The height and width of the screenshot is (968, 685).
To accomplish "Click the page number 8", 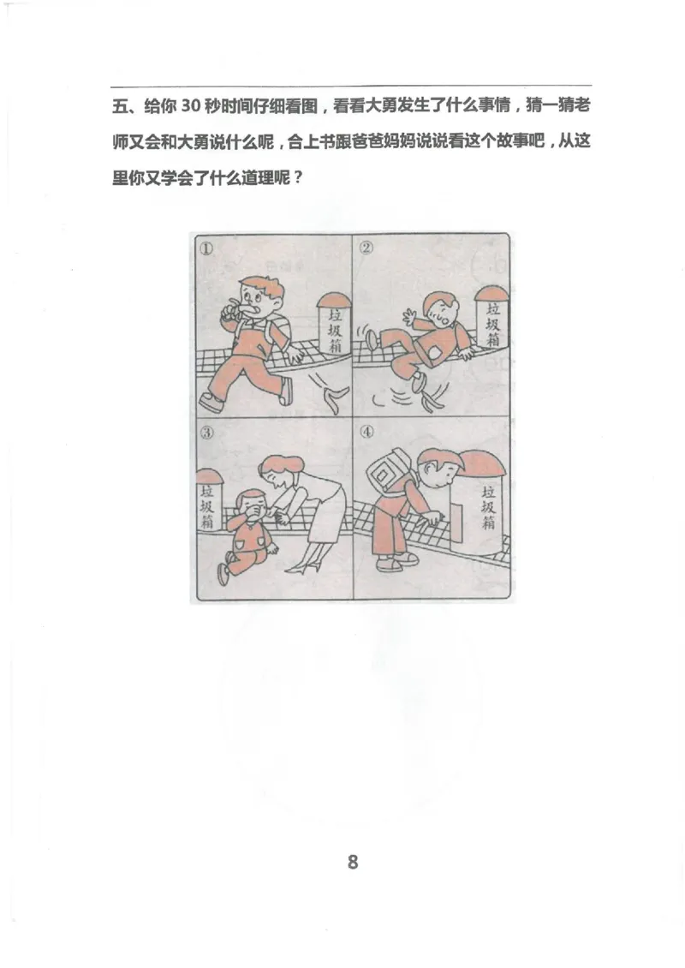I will click(353, 861).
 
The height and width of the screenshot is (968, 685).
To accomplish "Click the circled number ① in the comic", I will click(206, 248).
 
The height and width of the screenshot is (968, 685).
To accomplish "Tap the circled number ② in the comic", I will click(366, 248).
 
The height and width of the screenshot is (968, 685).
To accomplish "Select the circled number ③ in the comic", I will click(206, 431).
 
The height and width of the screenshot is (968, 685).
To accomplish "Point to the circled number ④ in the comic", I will click(366, 431).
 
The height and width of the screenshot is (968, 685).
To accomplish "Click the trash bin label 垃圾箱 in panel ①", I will click(333, 332).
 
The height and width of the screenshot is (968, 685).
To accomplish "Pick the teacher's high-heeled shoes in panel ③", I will click(304, 564).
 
